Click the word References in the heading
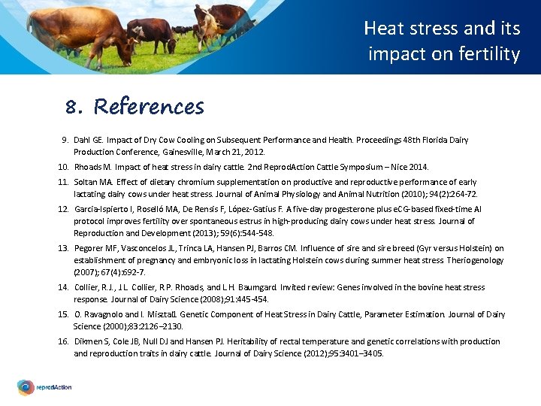pos(149,107)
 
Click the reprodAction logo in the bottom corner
pos(45,387)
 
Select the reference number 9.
pos(65,140)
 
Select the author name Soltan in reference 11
pos(87,182)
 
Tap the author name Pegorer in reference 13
pos(89,248)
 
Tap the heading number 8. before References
pos(73,108)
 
